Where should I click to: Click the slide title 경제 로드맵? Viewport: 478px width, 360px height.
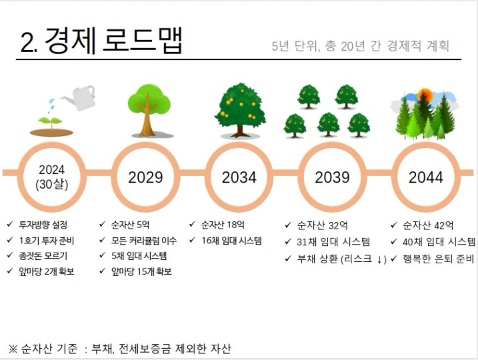coord(113,41)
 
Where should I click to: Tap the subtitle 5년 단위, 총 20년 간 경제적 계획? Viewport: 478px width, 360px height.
coord(360,46)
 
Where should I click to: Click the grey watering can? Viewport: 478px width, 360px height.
coord(79,97)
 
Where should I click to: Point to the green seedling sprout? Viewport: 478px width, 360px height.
coord(51,122)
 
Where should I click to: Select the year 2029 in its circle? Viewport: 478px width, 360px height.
coord(145,177)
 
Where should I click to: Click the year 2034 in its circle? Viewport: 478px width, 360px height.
coord(239,177)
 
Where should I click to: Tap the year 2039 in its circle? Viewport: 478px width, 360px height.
coord(332,177)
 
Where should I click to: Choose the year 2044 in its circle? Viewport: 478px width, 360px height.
coord(426,177)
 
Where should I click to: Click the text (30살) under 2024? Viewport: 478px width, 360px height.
coord(52,185)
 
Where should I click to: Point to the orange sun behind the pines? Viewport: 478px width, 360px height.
coord(425,95)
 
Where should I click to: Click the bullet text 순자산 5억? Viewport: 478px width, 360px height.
coord(130,225)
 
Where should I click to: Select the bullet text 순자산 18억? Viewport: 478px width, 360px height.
coord(223,225)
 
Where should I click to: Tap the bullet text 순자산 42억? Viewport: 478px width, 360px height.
coord(428,225)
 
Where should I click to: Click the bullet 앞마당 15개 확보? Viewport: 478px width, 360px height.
coord(141,271)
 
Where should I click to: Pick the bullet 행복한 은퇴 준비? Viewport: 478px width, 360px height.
coord(439,259)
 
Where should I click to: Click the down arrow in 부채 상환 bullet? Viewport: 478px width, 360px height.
coord(379,260)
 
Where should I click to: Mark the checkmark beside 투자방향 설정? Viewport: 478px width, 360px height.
coord(10,225)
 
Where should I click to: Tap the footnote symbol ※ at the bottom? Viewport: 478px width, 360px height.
coord(13,349)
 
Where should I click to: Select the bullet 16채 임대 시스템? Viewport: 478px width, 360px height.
coord(232,241)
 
